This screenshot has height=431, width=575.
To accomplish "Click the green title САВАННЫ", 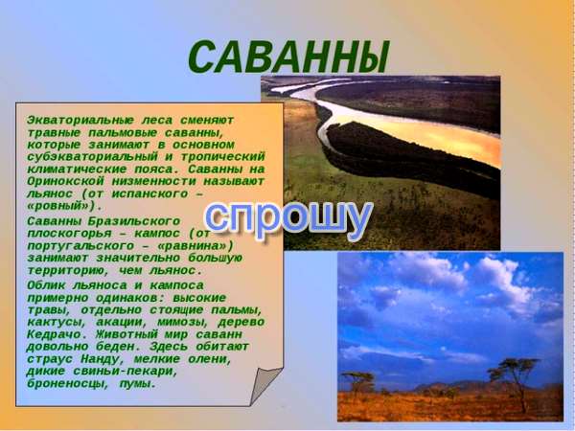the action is (288, 57).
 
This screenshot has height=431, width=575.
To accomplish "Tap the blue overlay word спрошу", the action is (288, 220).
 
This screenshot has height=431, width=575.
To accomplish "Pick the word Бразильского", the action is (134, 221).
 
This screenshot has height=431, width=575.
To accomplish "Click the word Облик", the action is (46, 285).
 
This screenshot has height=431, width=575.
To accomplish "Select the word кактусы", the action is (54, 323).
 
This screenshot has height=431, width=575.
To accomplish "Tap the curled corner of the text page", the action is (264, 385).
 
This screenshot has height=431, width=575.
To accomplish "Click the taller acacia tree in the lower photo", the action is (515, 381).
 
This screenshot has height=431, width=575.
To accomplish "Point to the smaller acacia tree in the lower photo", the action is (358, 380).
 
